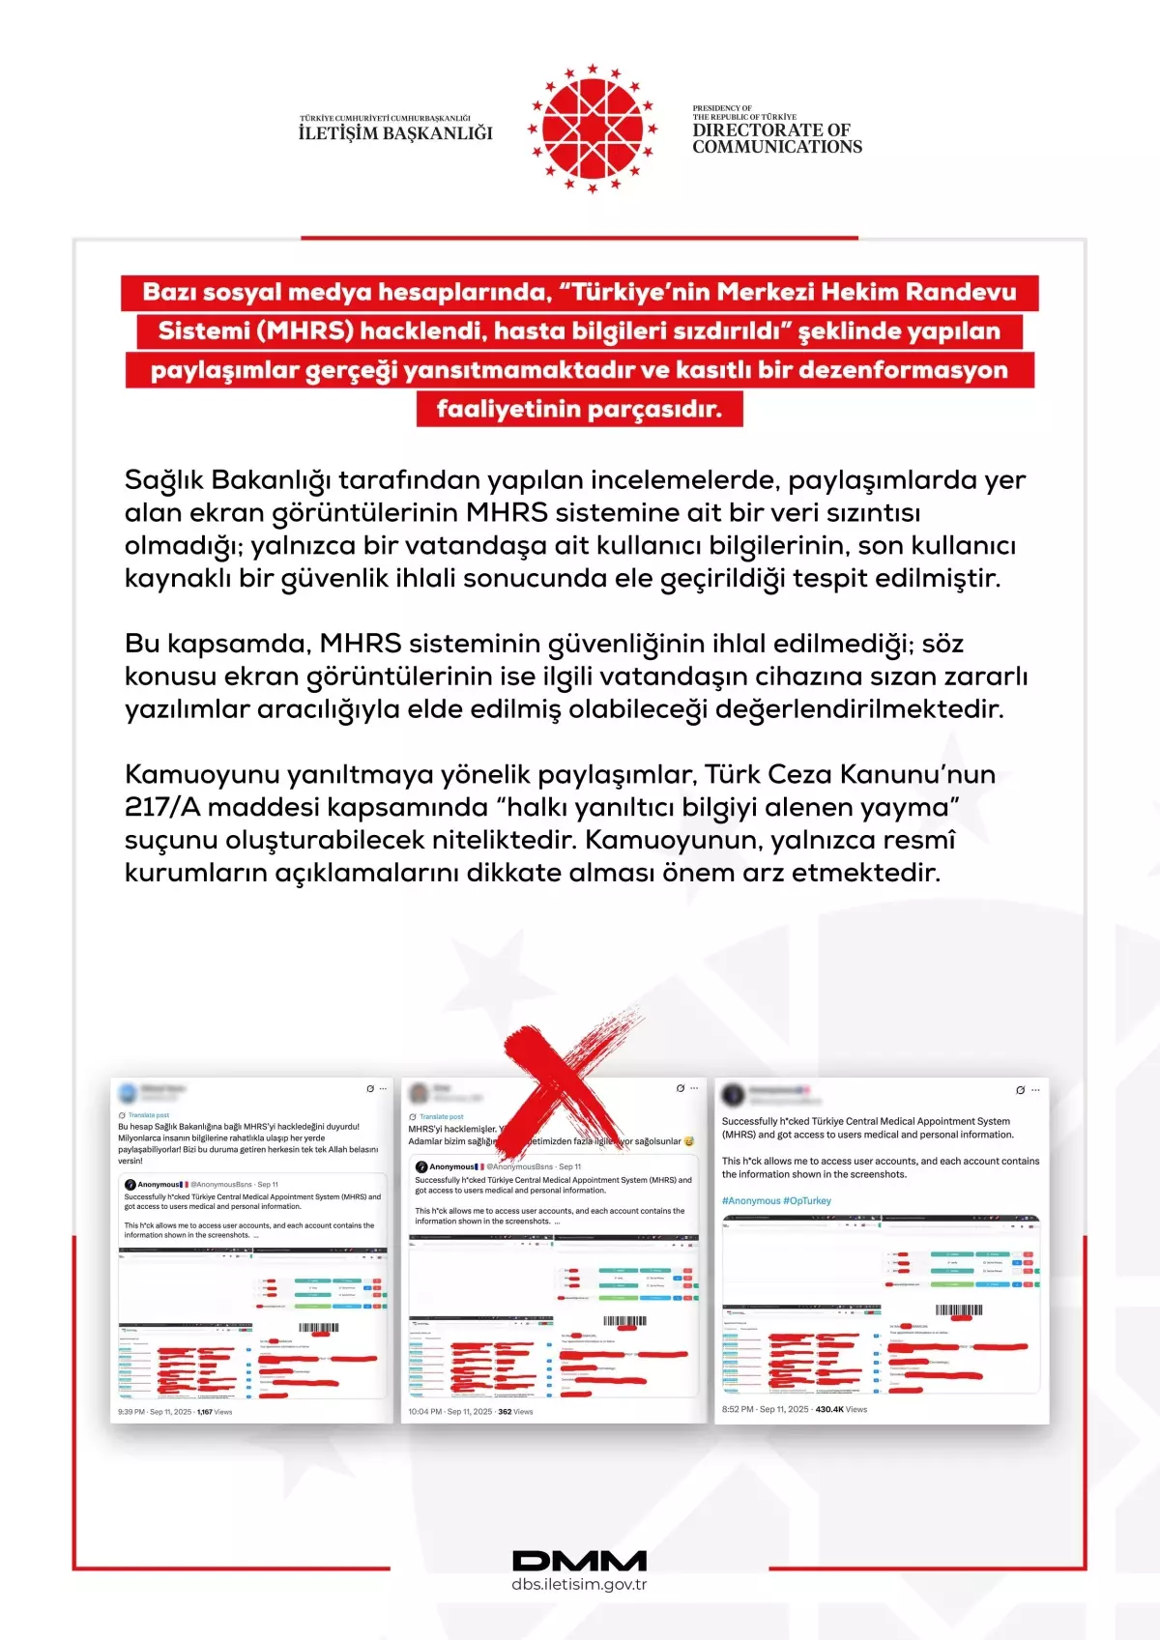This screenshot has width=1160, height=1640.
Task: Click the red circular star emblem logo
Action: (592, 129)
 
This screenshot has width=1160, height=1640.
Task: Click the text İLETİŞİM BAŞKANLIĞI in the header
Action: (395, 133)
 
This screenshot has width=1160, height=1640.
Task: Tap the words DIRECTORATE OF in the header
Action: (770, 129)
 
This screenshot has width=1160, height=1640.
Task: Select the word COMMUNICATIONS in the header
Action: (777, 147)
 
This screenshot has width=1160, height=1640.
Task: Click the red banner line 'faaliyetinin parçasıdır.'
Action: (579, 409)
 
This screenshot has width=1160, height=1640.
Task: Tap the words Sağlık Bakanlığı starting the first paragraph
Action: (227, 480)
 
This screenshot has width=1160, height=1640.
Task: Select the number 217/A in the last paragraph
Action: (161, 807)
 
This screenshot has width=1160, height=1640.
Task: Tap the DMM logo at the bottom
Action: (579, 1560)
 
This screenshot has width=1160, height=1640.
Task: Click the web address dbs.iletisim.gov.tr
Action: (579, 1584)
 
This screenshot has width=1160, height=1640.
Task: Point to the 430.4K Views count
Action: (841, 1409)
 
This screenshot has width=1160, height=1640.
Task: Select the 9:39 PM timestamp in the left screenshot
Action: (131, 1412)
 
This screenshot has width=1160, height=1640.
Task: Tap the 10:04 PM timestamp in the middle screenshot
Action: (424, 1412)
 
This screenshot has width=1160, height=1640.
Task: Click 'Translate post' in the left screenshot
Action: (149, 1115)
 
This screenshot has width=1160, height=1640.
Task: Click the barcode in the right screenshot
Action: (959, 1310)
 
